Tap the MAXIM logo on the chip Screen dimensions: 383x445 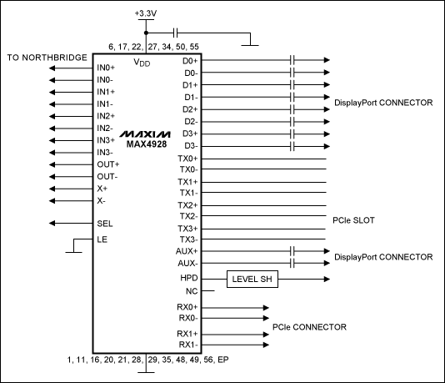pyautogui.click(x=144, y=134)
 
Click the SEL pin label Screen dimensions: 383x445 pyautogui.click(x=104, y=224)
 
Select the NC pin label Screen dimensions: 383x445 pyautogui.click(x=191, y=290)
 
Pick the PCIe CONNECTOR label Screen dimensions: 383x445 pyautogui.click(x=308, y=326)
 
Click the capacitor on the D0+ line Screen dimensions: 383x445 pyautogui.click(x=293, y=60)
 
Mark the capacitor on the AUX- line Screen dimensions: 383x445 pyautogui.click(x=293, y=263)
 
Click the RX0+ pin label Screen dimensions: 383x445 pyautogui.click(x=189, y=308)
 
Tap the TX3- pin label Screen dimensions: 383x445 pyautogui.click(x=189, y=239)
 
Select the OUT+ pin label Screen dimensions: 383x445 pyautogui.click(x=107, y=164)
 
